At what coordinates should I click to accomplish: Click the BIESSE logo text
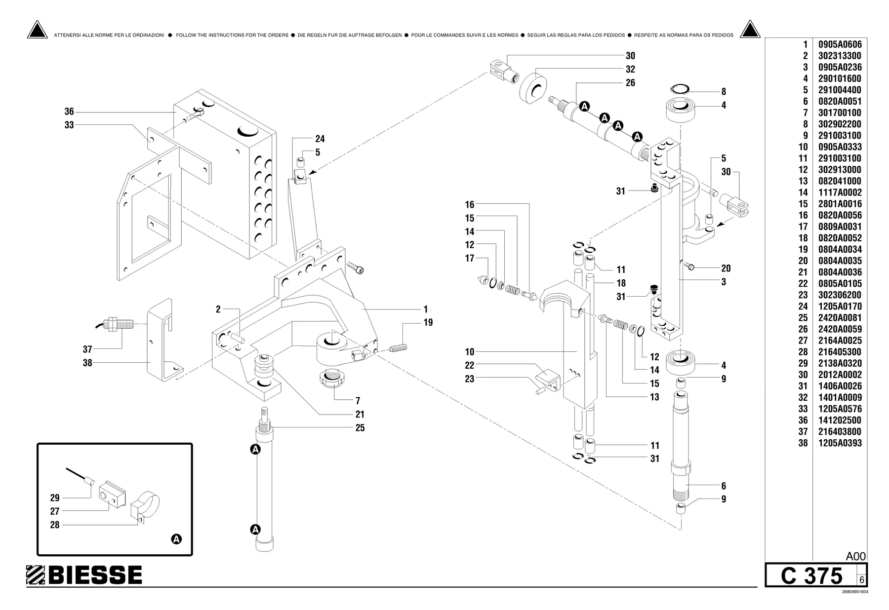pyautogui.click(x=95, y=575)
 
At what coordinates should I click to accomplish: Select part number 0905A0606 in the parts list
pyautogui.click(x=840, y=44)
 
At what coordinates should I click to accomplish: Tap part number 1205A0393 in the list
pyautogui.click(x=840, y=443)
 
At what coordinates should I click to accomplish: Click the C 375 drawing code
pyautogui.click(x=811, y=576)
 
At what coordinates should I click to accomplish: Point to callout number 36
pyautogui.click(x=69, y=112)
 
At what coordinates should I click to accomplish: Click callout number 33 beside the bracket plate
pyautogui.click(x=69, y=125)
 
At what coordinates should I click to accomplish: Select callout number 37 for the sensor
pyautogui.click(x=87, y=349)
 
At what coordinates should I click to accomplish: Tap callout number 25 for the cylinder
pyautogui.click(x=360, y=428)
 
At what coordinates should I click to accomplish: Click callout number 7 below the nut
pyautogui.click(x=358, y=401)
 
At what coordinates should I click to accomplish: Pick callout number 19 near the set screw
pyautogui.click(x=428, y=323)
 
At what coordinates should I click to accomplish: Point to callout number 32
pyautogui.click(x=630, y=70)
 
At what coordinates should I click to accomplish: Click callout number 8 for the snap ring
pyautogui.click(x=724, y=92)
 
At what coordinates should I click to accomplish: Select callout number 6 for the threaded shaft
pyautogui.click(x=724, y=486)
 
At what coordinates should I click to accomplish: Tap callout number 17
pyautogui.click(x=469, y=259)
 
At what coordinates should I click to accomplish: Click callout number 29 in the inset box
pyautogui.click(x=55, y=498)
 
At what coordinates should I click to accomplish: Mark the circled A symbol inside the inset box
pyautogui.click(x=176, y=539)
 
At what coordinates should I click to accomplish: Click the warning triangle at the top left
pyautogui.click(x=37, y=30)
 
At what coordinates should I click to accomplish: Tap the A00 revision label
pyautogui.click(x=856, y=556)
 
